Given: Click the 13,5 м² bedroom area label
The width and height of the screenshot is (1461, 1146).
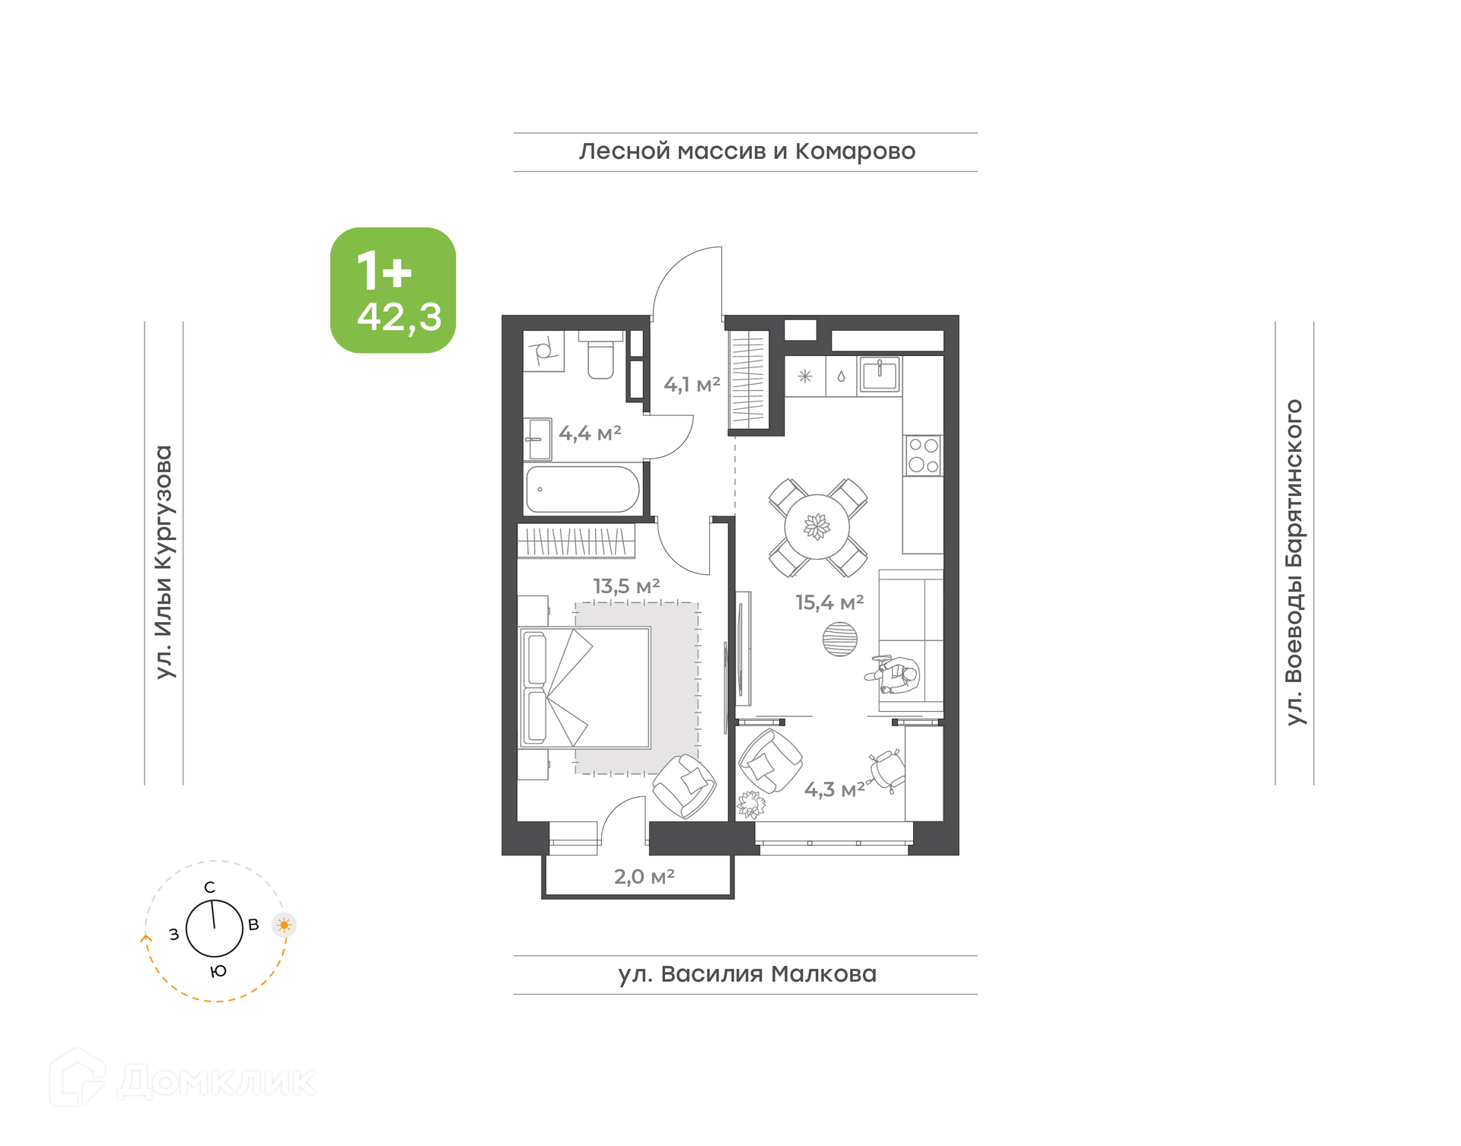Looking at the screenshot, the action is pos(626,586).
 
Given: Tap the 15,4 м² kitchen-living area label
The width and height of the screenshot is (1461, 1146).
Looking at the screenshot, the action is pos(829,603).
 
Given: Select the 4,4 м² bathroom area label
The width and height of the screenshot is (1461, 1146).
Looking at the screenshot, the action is pos(590,433).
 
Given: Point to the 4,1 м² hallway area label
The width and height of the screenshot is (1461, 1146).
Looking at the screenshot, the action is pos(692,385).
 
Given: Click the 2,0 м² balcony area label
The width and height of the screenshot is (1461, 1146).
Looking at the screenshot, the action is pos(644,877).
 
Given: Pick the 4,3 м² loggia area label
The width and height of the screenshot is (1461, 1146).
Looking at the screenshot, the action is pos(835,789).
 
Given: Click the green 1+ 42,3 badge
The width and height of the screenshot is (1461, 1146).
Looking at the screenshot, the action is pos(393,290).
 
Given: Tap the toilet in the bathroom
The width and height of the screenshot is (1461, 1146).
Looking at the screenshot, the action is pos(601,356).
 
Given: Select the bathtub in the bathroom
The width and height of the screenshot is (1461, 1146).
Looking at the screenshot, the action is pos(583,489).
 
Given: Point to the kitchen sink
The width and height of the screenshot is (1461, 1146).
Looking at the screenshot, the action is pos(880,375).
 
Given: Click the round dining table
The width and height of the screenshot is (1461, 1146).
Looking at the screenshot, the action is pos(817,526).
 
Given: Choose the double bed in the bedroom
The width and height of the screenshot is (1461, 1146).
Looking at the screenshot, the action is pos(584,688).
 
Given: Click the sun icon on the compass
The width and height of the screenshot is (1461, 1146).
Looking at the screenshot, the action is pos(284,925).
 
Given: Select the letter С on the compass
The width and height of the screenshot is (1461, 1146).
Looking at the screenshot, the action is pos(210,887).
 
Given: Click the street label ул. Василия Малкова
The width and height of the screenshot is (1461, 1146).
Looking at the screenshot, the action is pos(747,974).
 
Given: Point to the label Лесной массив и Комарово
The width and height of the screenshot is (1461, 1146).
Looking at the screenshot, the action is pos(747,151).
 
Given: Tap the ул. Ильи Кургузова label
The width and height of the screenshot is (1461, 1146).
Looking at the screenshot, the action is pos(164,562).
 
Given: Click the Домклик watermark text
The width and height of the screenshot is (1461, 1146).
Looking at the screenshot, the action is pos(217,1081).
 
